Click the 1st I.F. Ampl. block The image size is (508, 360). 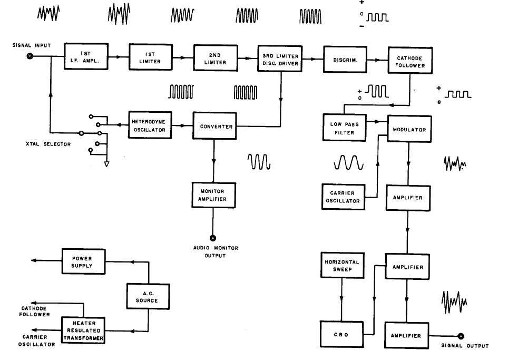pyautogui.click(x=86, y=56)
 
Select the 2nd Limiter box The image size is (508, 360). pyautogui.click(x=216, y=59)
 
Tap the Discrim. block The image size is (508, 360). pyautogui.click(x=345, y=60)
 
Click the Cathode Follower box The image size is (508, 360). pyautogui.click(x=410, y=62)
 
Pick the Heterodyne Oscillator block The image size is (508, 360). pyautogui.click(x=150, y=125)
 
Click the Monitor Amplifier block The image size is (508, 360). pyautogui.click(x=213, y=195)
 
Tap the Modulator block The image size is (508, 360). pyautogui.click(x=409, y=129)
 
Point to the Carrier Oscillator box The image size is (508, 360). pyautogui.click(x=344, y=197)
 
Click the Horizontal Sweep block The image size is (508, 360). pyautogui.click(x=342, y=266)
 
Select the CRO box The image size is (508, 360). pyautogui.click(x=341, y=334)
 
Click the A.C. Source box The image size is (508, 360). pyautogui.click(x=149, y=297)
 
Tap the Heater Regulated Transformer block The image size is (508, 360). pyautogui.click(x=83, y=330)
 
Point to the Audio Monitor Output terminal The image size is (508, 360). pyautogui.click(x=213, y=238)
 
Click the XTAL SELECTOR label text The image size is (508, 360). pyautogui.click(x=48, y=144)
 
